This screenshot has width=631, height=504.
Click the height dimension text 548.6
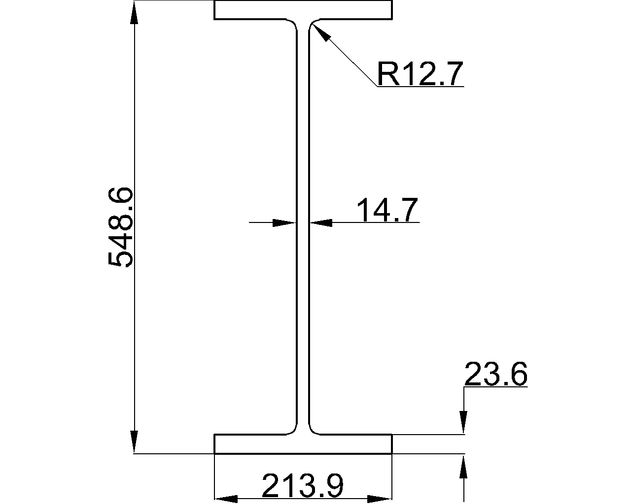120,227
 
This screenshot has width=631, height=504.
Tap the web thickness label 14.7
387,210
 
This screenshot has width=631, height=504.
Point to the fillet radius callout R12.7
420,73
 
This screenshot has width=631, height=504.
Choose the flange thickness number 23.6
496,374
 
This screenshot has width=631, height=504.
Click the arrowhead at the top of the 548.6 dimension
134,13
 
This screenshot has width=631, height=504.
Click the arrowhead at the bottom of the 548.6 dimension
134,441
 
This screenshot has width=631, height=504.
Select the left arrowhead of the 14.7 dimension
284,223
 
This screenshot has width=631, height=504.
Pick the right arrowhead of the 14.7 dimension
321,223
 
